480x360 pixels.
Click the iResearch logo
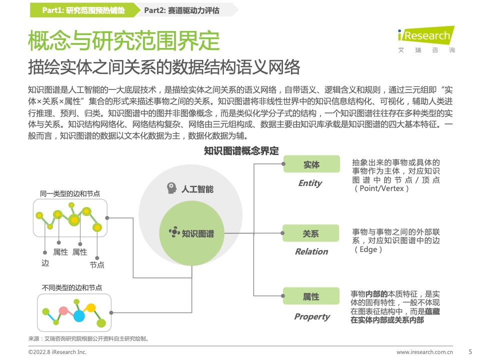(426, 39)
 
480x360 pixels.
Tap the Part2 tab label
(182, 10)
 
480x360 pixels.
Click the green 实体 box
(311, 164)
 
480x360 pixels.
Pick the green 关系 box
(310, 233)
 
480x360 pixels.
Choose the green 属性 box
(311, 296)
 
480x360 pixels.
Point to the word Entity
(310, 183)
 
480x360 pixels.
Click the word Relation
(311, 251)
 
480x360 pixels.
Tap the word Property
(312, 317)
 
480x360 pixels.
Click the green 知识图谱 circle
(192, 233)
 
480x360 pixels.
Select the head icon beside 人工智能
(171, 188)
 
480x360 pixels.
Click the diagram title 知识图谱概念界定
(241, 151)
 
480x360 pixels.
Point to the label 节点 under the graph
(97, 265)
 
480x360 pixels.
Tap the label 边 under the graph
(45, 263)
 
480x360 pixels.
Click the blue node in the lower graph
(79, 316)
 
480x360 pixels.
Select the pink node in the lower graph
(63, 311)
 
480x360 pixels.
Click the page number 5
(470, 351)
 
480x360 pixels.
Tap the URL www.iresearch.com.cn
(424, 352)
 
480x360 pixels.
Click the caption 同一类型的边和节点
(70, 193)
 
